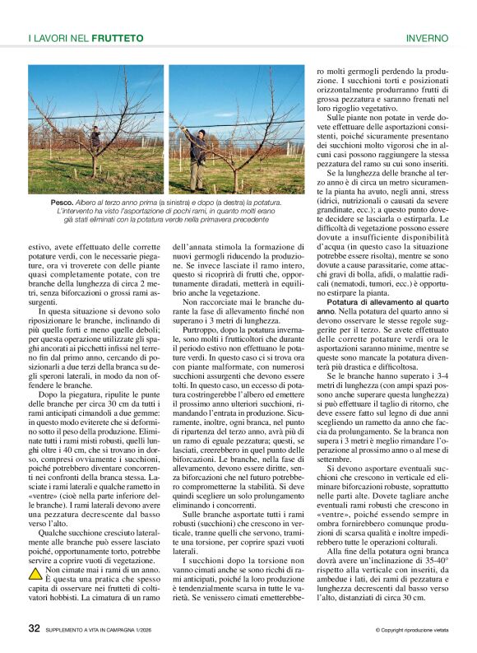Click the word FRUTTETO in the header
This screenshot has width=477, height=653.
pyautogui.click(x=118, y=38)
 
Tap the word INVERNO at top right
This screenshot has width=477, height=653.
pyautogui.click(x=426, y=38)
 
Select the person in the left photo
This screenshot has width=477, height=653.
pyautogui.click(x=95, y=138)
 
